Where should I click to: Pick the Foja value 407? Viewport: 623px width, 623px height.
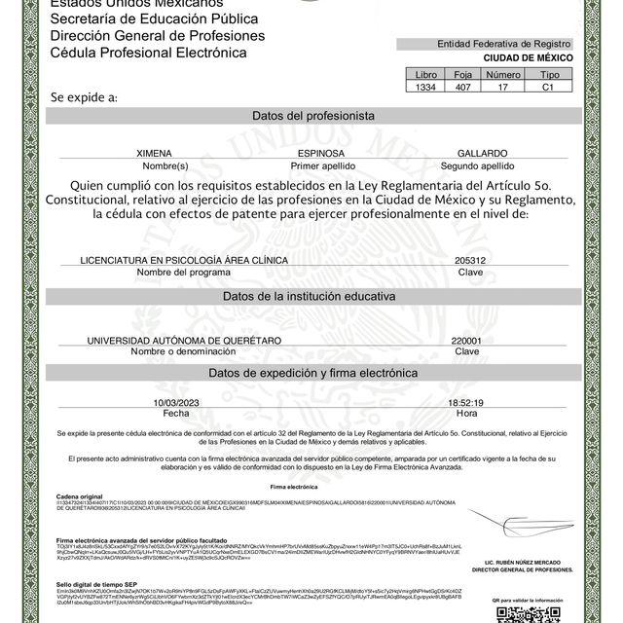[462, 87]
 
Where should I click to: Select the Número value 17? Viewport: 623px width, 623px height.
[503, 87]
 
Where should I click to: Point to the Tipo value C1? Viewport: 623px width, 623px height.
[550, 87]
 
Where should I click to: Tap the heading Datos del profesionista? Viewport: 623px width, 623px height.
[312, 116]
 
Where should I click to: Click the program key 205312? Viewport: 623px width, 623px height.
[469, 261]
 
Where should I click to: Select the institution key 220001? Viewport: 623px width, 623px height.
[467, 340]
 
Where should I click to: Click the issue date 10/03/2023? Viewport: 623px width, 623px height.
[175, 402]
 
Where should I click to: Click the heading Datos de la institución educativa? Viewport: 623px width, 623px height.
[312, 295]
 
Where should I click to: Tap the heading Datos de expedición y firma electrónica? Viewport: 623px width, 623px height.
[312, 374]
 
